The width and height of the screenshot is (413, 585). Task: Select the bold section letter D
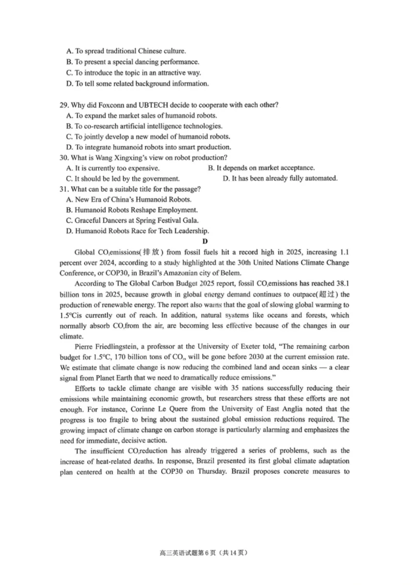[205, 241]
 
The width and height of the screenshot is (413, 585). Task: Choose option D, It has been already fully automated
[280, 178]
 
